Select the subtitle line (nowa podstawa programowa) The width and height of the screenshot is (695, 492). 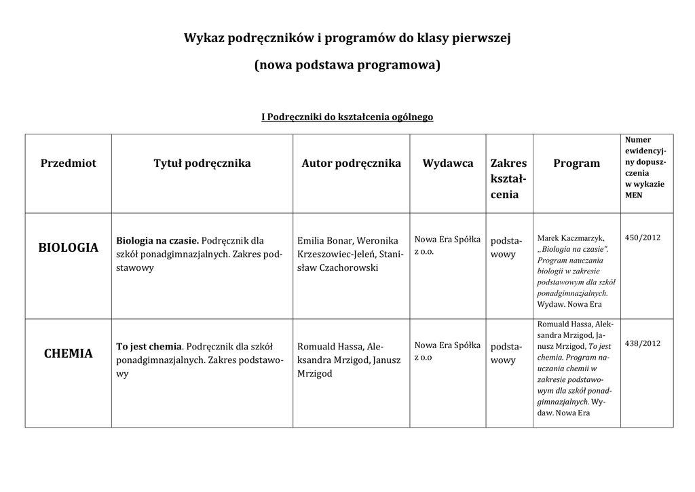[x=347, y=66]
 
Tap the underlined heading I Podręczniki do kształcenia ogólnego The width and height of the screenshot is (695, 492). [x=347, y=117]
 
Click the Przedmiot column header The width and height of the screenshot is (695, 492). [x=69, y=163]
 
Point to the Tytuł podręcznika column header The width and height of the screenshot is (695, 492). [x=202, y=163]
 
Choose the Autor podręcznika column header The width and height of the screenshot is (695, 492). [x=351, y=163]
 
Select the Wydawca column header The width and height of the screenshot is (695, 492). [x=448, y=163]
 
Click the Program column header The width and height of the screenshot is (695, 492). [x=576, y=163]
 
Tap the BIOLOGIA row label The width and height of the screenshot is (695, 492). [x=69, y=248]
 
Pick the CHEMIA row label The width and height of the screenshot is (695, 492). [x=69, y=354]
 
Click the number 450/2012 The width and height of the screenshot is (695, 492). [x=643, y=238]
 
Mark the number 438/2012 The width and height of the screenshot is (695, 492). [x=643, y=343]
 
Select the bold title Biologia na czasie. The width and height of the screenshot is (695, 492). [x=157, y=240]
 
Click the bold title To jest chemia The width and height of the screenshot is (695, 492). [x=149, y=346]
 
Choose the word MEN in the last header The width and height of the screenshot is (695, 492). [x=634, y=195]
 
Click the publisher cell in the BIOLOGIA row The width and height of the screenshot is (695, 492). [x=447, y=245]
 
